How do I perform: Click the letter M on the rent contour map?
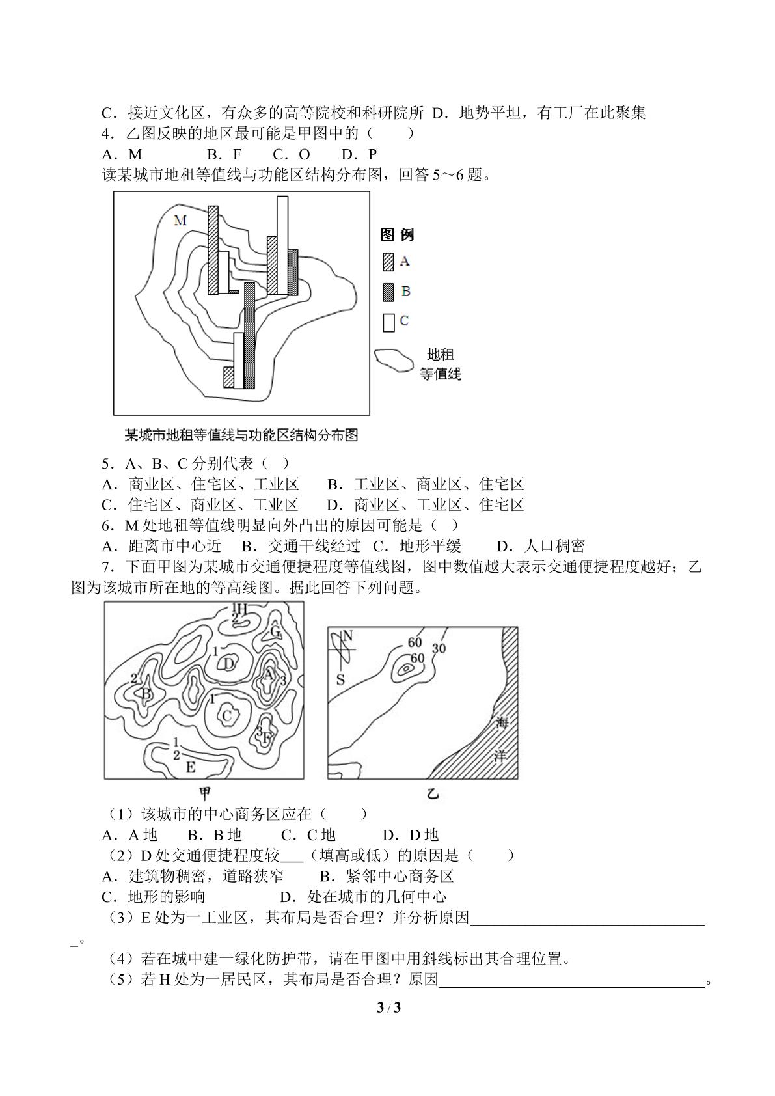(180, 221)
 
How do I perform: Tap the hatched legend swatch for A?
(388, 262)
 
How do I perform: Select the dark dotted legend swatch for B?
(388, 292)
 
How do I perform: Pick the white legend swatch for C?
(388, 322)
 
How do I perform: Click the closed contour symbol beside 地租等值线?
(394, 361)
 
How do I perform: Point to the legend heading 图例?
(398, 235)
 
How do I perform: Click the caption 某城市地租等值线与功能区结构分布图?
(241, 435)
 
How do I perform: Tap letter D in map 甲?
(229, 664)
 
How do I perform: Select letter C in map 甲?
(226, 717)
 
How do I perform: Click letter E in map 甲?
(191, 767)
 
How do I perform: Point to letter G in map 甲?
(275, 632)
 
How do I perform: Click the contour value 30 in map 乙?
(439, 648)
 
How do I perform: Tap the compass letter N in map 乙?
(347, 636)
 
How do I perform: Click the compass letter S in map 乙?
(340, 679)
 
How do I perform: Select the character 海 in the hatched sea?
(502, 722)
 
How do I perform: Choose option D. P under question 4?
(359, 155)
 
